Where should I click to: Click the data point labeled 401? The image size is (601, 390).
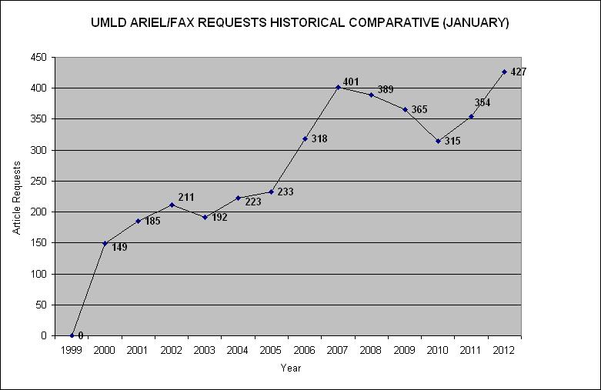(x=338, y=87)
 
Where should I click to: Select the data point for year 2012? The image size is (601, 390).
(x=505, y=72)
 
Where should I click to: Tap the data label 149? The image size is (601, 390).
(x=119, y=247)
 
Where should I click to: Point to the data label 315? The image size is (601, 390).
(x=453, y=142)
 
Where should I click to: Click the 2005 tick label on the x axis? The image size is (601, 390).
(x=271, y=350)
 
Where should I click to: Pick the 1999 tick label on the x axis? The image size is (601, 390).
(x=71, y=350)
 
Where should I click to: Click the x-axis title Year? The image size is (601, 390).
(x=290, y=368)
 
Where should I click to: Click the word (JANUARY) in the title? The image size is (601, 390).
(x=472, y=23)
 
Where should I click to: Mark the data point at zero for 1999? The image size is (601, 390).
(x=72, y=335)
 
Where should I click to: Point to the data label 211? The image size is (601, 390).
(x=186, y=198)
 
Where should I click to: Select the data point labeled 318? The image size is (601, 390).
(x=305, y=138)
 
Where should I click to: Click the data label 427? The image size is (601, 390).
(x=518, y=72)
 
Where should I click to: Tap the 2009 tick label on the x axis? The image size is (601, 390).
(x=405, y=350)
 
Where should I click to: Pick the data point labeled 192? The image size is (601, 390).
(x=205, y=217)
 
